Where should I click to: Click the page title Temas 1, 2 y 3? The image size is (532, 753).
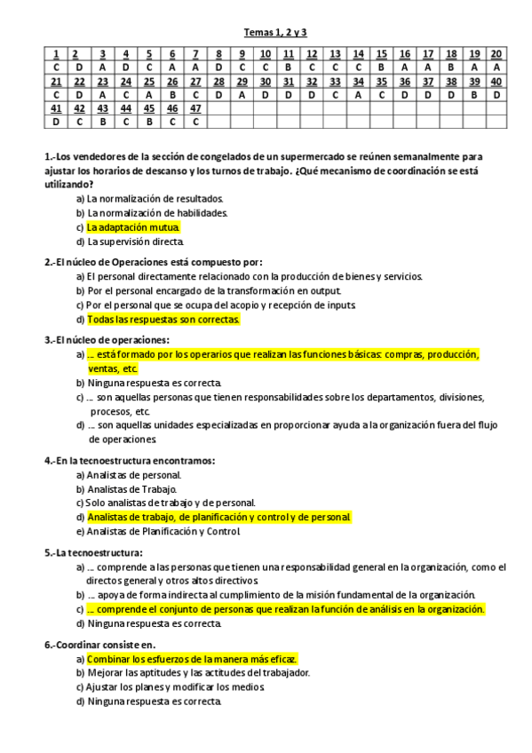pos(281,33)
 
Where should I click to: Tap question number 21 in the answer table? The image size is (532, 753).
pos(55,82)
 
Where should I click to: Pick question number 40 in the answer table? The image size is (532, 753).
pos(496,82)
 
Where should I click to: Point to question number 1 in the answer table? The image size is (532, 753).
pos(55,54)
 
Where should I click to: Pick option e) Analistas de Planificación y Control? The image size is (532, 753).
pos(158,531)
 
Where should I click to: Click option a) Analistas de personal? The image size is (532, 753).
pos(129,475)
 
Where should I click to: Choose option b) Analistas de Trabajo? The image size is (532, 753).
pos(127,489)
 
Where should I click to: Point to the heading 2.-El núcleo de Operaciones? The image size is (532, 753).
pos(154,262)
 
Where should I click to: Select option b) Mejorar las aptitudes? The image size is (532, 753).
pos(193,673)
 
